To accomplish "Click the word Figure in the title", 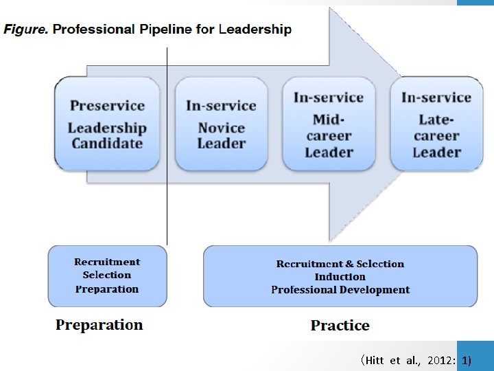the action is pos(25,30).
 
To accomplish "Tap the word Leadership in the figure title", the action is pos(254,30).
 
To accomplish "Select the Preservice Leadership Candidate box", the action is pos(107,124).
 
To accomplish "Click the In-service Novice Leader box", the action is pos(221,124).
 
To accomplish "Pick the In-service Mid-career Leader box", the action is pos(329,124).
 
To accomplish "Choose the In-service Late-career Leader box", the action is pos(436,124).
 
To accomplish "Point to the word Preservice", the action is pos(107,106).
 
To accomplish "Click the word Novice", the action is pos(221,128).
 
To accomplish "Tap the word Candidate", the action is pos(107,144).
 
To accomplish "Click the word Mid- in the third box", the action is pos(329,120).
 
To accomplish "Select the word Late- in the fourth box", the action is pos(436,120).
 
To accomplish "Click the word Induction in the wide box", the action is pos(340,277).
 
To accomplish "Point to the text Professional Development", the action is pos(340,290).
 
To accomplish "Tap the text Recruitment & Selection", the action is pos(340,264).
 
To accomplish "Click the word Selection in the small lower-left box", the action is pos(107,275).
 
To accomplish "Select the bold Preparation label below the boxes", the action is pos(99,325).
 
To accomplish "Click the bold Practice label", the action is pos(340,326).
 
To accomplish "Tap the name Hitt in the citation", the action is pos(377,360).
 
